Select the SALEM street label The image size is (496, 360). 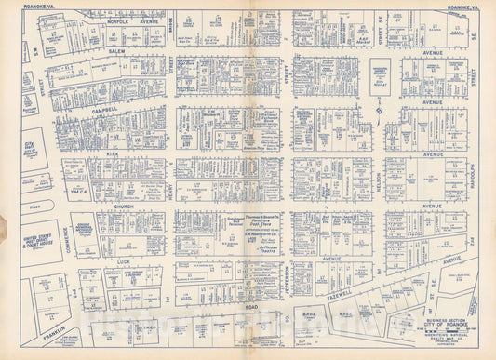(116, 51)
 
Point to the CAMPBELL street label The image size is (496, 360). (104, 109)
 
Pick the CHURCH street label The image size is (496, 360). (126, 207)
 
